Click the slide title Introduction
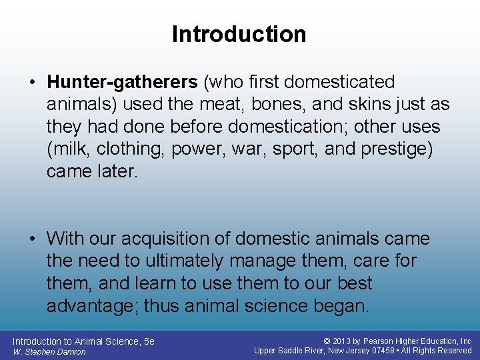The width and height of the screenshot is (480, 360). click(x=239, y=34)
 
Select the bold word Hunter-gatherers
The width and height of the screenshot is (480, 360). click(x=122, y=82)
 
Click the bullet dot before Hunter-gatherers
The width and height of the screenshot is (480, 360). click(x=31, y=83)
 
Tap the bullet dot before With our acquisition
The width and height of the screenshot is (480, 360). click(x=31, y=239)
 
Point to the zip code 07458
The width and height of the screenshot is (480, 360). click(x=385, y=351)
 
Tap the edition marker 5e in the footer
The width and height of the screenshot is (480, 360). click(x=149, y=341)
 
